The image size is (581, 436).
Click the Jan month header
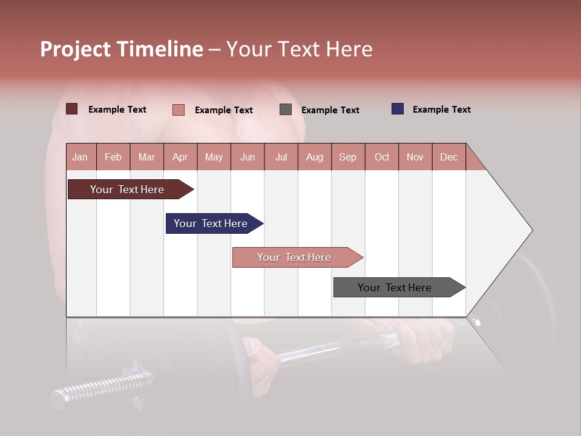coord(80,157)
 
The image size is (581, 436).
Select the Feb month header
coord(113,157)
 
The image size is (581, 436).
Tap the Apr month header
coord(180,157)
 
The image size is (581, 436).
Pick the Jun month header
coord(248,157)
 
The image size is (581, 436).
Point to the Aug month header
coord(314,157)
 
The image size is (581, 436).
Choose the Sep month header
coord(347,157)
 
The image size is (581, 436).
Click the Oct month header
coord(382,157)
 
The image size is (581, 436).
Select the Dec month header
coord(448,157)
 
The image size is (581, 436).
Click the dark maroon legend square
coord(71,109)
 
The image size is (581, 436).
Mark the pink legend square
coord(178,110)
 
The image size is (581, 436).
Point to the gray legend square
coord(286,110)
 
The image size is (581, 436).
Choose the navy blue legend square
coord(397,109)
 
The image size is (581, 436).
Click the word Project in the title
coord(76,49)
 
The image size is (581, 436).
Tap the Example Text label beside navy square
coord(441,110)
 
